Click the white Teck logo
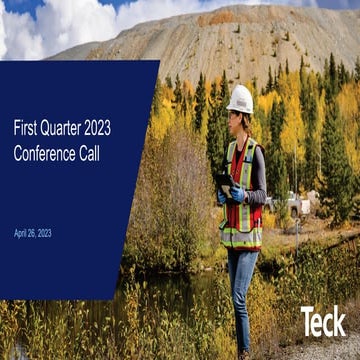(323, 321)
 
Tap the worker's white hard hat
(240, 98)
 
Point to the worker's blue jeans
(241, 290)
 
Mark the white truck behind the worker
(301, 205)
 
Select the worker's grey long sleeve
(259, 175)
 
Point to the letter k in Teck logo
(339, 321)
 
